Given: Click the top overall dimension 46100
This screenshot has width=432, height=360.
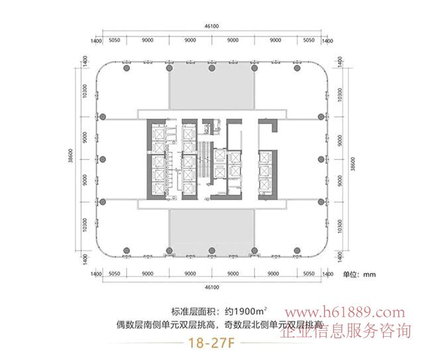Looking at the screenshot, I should pos(211,25).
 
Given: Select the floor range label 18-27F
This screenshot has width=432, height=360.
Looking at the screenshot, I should pos(211,343).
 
